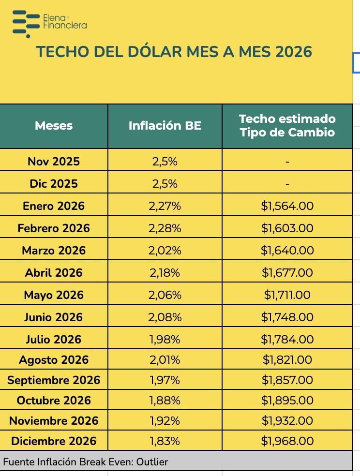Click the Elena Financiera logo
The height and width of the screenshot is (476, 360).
coord(49,22)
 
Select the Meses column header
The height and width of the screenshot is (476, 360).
coord(54,126)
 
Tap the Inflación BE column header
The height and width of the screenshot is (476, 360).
coord(165,126)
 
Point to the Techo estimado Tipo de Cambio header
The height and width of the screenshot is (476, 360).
coord(287,126)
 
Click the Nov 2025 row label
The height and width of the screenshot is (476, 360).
coord(54,162)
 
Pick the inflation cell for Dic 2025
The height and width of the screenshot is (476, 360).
coord(165,184)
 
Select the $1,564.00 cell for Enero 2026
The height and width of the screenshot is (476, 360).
coord(287,206)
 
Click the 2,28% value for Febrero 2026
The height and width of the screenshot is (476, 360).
coord(165,228)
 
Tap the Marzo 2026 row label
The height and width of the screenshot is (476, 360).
coord(54,251)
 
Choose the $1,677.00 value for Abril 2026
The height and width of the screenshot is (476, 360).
coord(287,273)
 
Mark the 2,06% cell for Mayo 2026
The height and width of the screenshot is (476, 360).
coord(165,295)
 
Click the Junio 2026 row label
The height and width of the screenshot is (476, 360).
coord(54,317)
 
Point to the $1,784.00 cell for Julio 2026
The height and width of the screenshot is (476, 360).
coord(287,340)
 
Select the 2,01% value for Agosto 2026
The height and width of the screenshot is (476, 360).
coord(165,360)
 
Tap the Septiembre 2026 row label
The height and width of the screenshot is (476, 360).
coord(54,380)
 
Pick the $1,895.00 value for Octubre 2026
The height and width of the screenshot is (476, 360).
coord(287,401)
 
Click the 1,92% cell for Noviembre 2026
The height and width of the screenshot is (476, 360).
coord(165,421)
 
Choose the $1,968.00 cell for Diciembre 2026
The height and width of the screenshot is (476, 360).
coord(287,441)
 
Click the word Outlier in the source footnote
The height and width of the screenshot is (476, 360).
coord(152,462)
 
